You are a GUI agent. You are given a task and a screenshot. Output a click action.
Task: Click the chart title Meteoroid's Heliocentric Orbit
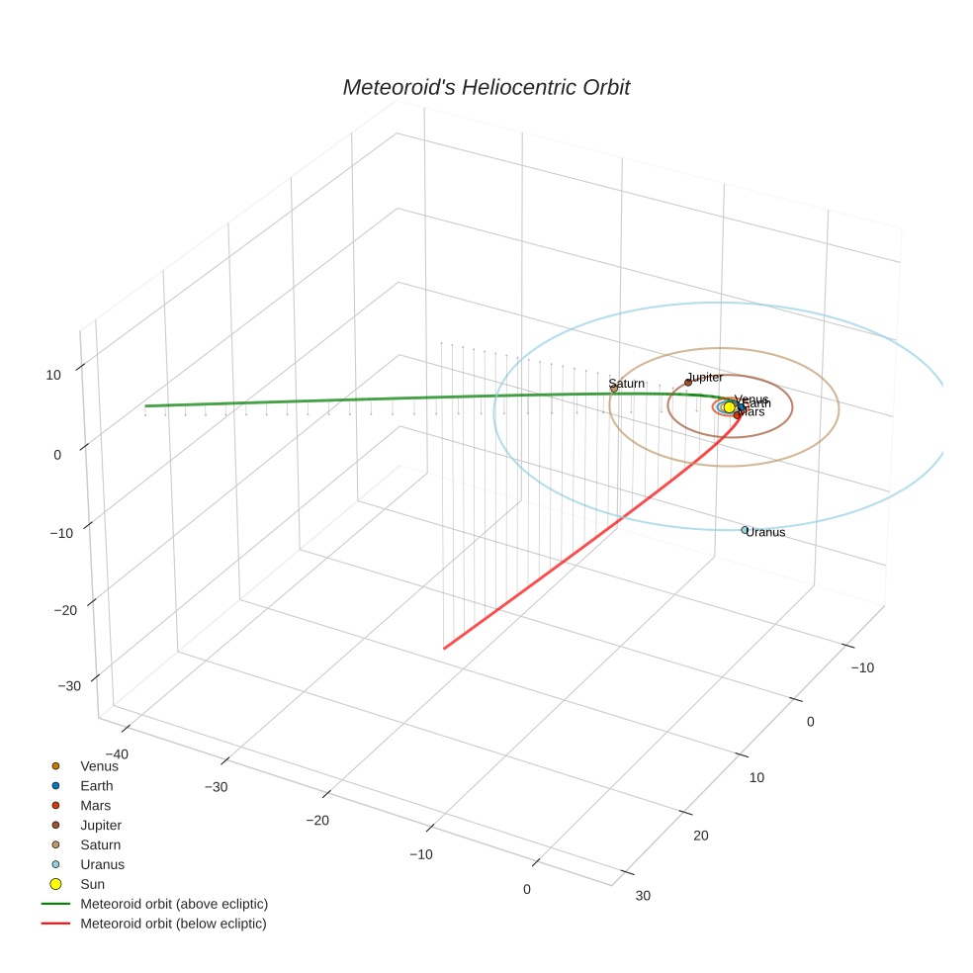pyautogui.click(x=486, y=88)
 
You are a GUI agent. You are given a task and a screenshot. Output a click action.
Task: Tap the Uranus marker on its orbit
pyautogui.click(x=745, y=530)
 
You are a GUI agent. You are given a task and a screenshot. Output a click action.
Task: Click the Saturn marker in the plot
pyautogui.click(x=614, y=390)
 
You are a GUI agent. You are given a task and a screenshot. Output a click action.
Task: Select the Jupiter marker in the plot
pyautogui.click(x=688, y=383)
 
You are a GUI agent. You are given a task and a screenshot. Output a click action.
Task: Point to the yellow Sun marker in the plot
pyautogui.click(x=730, y=407)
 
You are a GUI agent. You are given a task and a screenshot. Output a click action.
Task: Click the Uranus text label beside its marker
pyautogui.click(x=766, y=533)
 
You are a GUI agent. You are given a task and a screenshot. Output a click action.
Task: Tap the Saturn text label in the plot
pyautogui.click(x=626, y=383)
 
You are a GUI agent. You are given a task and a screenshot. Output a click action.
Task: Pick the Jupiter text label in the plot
pyautogui.click(x=706, y=377)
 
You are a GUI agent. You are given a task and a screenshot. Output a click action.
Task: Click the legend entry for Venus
pyautogui.click(x=99, y=766)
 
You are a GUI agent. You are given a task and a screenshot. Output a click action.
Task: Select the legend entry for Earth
pyautogui.click(x=96, y=786)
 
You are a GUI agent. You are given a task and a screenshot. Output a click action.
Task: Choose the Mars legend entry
pyautogui.click(x=95, y=806)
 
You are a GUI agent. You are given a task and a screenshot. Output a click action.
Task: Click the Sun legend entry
pyautogui.click(x=92, y=884)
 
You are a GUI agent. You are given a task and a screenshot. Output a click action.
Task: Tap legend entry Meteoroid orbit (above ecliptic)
pyautogui.click(x=173, y=904)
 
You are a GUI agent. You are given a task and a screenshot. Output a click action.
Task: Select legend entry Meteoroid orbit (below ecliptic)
pyautogui.click(x=173, y=924)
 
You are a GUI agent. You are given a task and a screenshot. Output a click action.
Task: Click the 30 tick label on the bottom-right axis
pyautogui.click(x=643, y=896)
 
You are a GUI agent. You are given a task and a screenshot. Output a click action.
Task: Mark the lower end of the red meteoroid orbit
pyautogui.click(x=445, y=649)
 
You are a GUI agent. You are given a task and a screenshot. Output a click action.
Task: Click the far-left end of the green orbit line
pyautogui.click(x=146, y=406)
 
